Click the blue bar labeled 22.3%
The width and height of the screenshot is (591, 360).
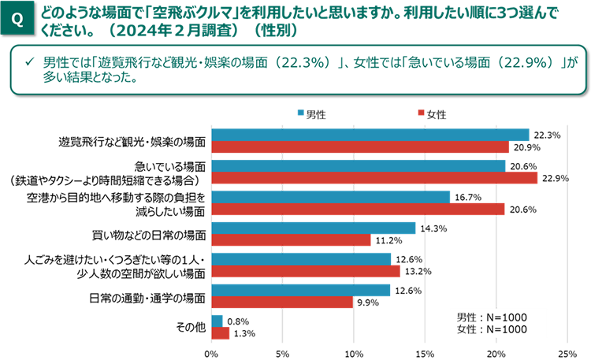tap(370, 135)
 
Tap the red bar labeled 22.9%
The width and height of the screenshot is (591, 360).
tap(374, 178)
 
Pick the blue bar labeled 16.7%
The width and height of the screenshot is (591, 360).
tap(329, 197)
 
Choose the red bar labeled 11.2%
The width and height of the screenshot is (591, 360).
tap(290, 240)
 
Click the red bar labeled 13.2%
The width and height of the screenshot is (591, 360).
tap(305, 272)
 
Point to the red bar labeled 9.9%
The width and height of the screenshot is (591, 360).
tap(281, 302)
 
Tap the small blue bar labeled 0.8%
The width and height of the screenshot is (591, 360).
tap(216, 321)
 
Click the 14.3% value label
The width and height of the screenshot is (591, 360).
tap(431, 228)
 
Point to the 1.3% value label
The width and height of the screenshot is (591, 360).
tap(243, 333)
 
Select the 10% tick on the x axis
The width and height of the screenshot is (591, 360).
tap(354, 352)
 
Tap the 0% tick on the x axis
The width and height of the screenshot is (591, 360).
tap(210, 352)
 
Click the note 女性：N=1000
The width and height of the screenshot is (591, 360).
tap(492, 328)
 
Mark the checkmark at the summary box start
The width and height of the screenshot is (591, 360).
tap(29, 62)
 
